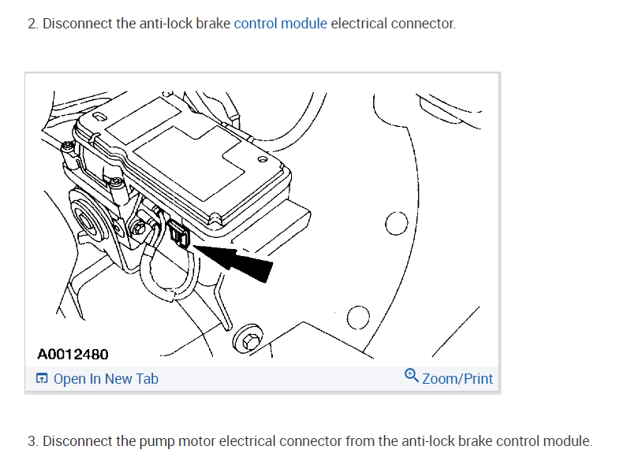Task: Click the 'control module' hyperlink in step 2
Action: tap(280, 23)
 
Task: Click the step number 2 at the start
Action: tap(32, 24)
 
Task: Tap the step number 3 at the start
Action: tap(32, 441)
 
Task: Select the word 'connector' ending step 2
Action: tap(424, 24)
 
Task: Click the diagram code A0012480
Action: tap(73, 355)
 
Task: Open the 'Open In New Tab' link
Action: tap(106, 379)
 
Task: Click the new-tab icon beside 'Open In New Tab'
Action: tap(42, 379)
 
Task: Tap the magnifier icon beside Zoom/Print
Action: tap(411, 376)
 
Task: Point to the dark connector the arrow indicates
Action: tap(178, 234)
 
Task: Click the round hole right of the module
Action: tap(395, 224)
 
